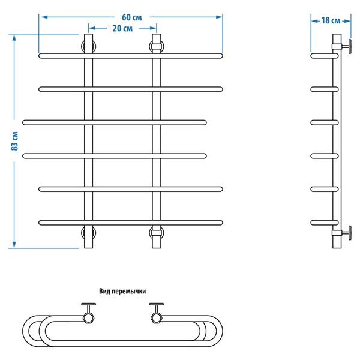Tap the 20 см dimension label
[122, 28]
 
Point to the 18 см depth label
[331, 20]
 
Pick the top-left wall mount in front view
[89, 46]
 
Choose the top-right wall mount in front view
[156, 46]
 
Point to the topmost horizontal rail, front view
[130, 56]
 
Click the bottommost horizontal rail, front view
[130, 223]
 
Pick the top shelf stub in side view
[322, 56]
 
